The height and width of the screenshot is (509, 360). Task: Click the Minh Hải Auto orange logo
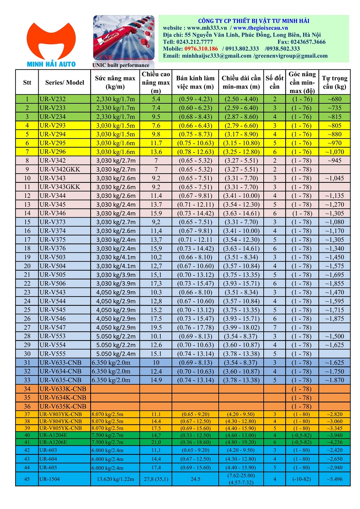pos(51,44)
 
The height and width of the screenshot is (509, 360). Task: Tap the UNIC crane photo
pos(123,38)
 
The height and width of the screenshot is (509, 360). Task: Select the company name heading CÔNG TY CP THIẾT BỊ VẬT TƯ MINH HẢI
pos(253,21)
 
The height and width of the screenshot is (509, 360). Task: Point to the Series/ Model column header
pos(65,83)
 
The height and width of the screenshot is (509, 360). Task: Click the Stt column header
pos(27,83)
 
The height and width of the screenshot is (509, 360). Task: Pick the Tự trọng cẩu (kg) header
pos(334,83)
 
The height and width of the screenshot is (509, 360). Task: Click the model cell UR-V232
pos(53,99)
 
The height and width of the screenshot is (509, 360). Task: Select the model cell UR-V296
pos(53,152)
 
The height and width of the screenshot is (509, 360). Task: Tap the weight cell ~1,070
pos(334,152)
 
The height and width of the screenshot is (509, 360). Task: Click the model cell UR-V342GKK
pos(60,169)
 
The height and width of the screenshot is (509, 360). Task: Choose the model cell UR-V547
pos(53,328)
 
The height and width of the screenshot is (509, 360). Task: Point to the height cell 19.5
pos(156,328)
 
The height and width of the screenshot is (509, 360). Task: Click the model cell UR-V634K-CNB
pos(63,398)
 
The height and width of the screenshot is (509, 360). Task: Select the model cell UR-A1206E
pos(53,442)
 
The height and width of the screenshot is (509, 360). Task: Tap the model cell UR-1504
pos(50,479)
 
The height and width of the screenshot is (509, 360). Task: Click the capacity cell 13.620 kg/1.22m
pos(115,479)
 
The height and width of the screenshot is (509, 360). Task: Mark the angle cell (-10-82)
pos(302,479)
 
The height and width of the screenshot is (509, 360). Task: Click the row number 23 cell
pos(27,292)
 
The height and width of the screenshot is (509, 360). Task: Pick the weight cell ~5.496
pos(334,479)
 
